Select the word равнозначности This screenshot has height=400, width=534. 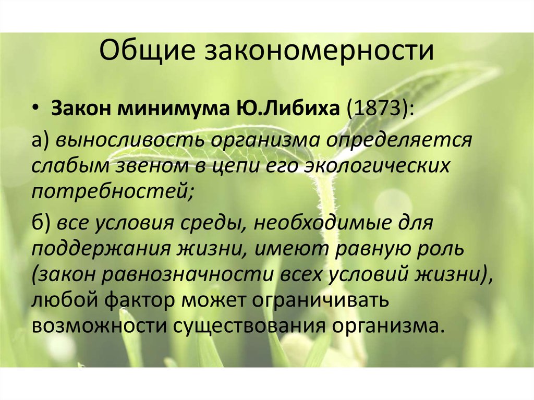pyautogui.click(x=188, y=275)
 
